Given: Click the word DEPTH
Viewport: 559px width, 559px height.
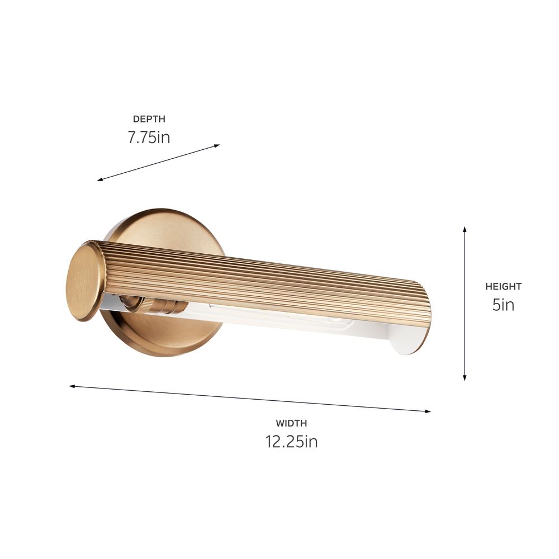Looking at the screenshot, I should coord(149,119).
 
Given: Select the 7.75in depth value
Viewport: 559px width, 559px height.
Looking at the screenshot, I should coord(149,138).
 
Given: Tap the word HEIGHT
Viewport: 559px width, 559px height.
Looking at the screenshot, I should coord(503,287).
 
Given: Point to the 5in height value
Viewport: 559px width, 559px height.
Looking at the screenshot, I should coord(503,305).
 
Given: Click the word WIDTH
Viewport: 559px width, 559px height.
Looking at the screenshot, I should coord(291,424).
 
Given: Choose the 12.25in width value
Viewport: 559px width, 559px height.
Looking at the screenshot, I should coord(291,442).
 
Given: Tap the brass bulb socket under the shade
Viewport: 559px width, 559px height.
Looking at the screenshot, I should coord(162,306).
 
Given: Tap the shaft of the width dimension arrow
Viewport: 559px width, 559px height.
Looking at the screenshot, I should coord(252,399).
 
